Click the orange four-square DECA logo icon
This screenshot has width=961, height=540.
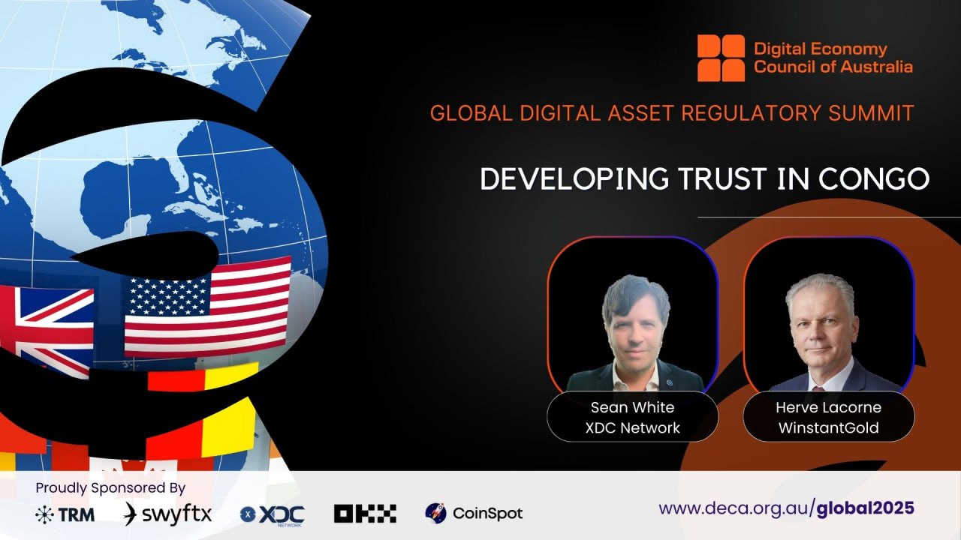click(x=721, y=58)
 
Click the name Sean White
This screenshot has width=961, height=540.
click(x=632, y=407)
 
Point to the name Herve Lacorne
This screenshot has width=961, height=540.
click(x=828, y=407)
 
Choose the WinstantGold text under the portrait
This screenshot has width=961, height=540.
click(x=828, y=427)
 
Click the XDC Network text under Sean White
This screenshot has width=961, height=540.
click(x=632, y=427)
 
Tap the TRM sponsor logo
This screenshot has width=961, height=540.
click(x=65, y=514)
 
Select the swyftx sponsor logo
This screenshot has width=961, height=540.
click(x=167, y=514)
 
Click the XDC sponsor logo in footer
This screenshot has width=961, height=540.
click(x=272, y=515)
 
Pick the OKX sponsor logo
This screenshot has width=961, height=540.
click(x=365, y=514)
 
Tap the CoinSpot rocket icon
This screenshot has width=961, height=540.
click(x=435, y=513)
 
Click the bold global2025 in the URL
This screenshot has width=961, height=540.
click(x=866, y=508)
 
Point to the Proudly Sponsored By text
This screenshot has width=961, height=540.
click(x=110, y=488)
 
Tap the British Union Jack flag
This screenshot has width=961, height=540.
click(x=47, y=331)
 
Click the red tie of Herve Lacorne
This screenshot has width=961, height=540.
click(x=818, y=388)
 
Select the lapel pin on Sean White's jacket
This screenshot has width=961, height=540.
click(x=669, y=382)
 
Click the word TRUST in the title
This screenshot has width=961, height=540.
click(x=722, y=178)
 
